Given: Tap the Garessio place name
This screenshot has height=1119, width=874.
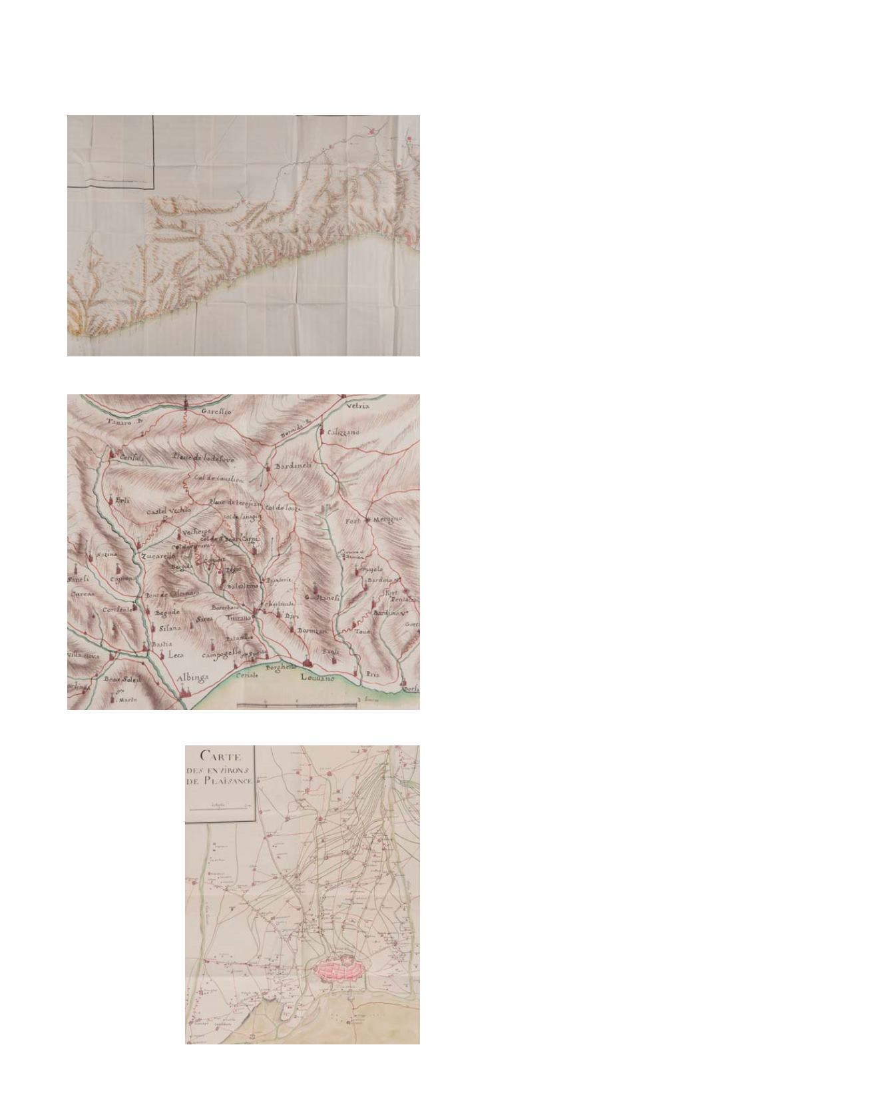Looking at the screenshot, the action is pyautogui.click(x=216, y=412).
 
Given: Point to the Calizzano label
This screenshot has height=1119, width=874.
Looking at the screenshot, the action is pyautogui.click(x=343, y=432).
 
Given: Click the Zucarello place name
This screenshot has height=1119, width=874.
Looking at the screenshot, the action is pyautogui.click(x=158, y=556).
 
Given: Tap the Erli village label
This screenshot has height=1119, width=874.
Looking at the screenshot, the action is pyautogui.click(x=123, y=500).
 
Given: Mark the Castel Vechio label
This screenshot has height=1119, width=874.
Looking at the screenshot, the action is pyautogui.click(x=169, y=511).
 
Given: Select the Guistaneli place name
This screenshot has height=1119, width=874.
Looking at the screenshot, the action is pyautogui.click(x=322, y=598).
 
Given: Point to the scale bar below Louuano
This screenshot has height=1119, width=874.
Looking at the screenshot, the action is pyautogui.click(x=297, y=703).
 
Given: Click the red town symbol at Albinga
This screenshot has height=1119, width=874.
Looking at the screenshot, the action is pyautogui.click(x=184, y=693).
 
